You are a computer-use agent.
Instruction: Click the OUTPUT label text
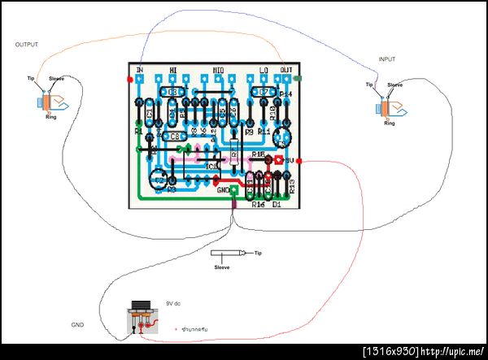point(26,45)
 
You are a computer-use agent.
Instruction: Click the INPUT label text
point(390,59)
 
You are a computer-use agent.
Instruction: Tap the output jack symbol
point(50,102)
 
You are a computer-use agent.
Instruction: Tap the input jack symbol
point(385,107)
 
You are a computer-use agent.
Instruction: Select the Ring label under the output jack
point(50,117)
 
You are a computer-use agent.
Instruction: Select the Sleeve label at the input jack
point(394,85)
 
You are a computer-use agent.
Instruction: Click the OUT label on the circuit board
point(285,70)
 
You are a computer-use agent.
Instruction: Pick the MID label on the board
point(219,70)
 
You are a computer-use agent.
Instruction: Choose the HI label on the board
point(172,70)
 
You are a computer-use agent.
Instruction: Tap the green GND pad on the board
point(234,190)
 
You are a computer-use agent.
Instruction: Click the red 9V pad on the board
point(279,161)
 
